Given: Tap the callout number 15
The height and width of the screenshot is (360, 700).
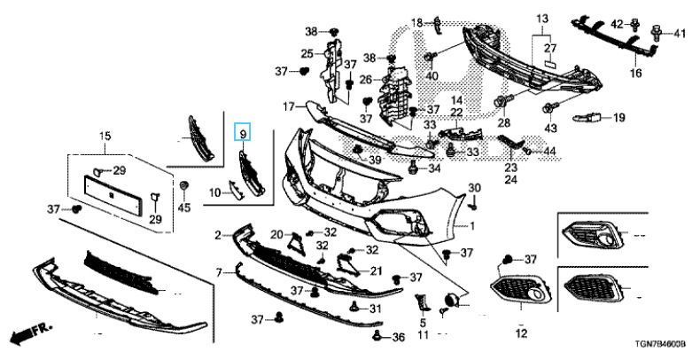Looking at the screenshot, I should click(105, 136).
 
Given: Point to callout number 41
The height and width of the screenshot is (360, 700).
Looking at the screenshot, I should click(680, 35).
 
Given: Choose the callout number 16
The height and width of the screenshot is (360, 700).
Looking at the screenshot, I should click(635, 74).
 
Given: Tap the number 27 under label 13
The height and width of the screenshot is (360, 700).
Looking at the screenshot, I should click(548, 48).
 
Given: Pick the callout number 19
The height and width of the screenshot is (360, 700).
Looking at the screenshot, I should click(618, 117).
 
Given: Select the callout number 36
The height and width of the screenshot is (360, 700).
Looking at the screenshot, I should click(398, 337).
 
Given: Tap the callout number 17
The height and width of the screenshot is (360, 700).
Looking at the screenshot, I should click(288, 106).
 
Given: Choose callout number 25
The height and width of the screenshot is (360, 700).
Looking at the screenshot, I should click(306, 54).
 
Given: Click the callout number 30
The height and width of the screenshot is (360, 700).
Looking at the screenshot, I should click(474, 187).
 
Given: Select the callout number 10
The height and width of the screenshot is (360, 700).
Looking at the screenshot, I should click(214, 192).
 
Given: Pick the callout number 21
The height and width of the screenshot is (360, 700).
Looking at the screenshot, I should click(375, 271).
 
